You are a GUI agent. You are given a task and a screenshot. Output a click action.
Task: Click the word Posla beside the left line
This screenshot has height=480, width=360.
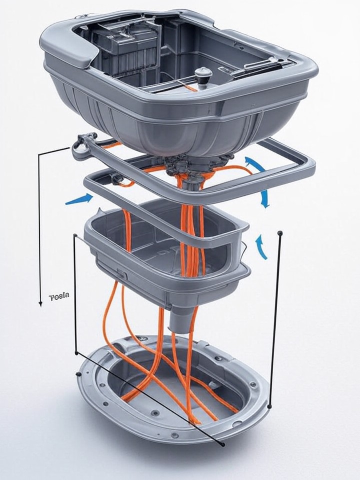[x=59, y=296]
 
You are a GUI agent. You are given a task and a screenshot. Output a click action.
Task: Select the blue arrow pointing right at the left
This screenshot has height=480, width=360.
[x=79, y=199]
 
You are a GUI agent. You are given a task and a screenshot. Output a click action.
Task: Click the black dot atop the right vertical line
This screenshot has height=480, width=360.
[x=280, y=233]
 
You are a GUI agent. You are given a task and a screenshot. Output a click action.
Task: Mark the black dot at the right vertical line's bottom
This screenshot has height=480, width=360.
[x=270, y=406]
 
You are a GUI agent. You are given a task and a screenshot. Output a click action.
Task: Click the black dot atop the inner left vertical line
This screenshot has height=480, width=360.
[x=75, y=235]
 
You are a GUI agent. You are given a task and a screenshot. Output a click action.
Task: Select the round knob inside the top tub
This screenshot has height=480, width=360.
[x=203, y=74]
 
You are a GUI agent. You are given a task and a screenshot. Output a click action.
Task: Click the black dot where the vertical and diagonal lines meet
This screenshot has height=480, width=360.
[x=76, y=353]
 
